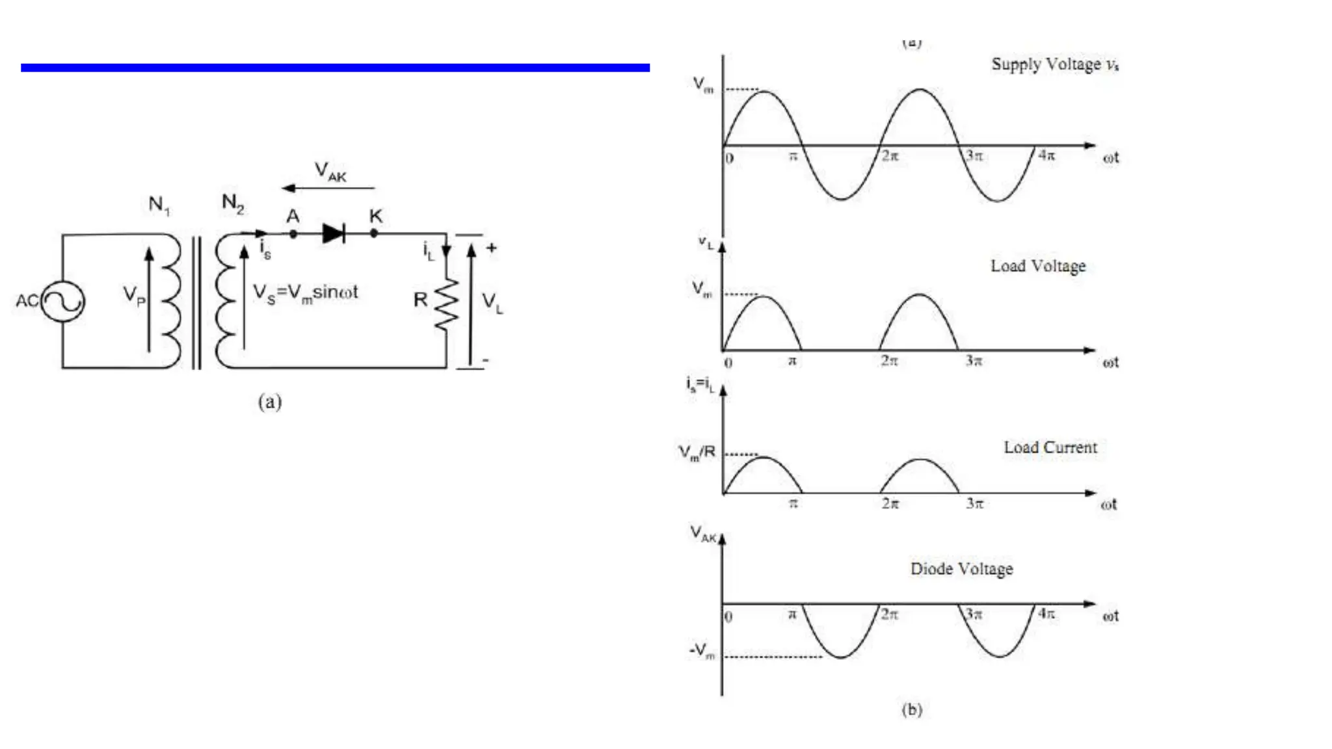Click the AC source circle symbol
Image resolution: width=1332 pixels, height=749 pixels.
click(x=63, y=300)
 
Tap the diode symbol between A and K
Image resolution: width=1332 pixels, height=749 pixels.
click(x=334, y=233)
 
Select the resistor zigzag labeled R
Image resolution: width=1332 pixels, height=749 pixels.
click(x=447, y=304)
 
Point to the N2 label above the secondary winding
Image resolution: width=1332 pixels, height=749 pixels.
click(x=232, y=204)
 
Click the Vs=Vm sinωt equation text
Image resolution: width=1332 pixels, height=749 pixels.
click(x=305, y=293)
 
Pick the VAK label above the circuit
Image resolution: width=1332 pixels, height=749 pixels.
click(x=330, y=172)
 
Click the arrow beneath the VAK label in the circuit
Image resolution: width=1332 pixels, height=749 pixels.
click(x=328, y=188)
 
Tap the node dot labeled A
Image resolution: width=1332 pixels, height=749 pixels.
click(x=293, y=233)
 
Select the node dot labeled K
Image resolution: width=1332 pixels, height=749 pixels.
click(x=374, y=233)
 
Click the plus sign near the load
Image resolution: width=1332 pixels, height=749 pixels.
click(x=491, y=248)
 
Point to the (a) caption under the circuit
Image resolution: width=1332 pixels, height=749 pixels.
click(x=270, y=401)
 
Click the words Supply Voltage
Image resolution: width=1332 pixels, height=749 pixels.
click(x=1046, y=64)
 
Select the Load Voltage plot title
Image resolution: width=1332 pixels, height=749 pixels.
click(x=1038, y=266)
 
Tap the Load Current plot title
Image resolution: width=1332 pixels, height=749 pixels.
click(x=1050, y=447)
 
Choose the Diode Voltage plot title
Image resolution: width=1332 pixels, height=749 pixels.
click(x=961, y=569)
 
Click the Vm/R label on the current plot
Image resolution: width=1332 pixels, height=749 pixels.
click(x=697, y=452)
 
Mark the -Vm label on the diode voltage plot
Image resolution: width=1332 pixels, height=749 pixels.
click(x=702, y=650)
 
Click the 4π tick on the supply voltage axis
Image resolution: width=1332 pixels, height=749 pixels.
click(x=1046, y=155)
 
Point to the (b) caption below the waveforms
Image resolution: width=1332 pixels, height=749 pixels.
click(x=912, y=709)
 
